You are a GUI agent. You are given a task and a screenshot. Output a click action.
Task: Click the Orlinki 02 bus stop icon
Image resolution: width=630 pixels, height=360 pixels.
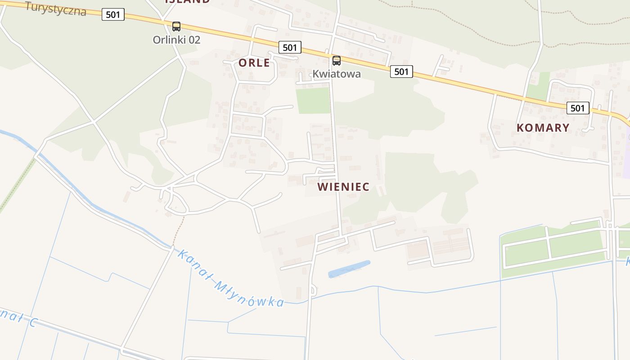176,27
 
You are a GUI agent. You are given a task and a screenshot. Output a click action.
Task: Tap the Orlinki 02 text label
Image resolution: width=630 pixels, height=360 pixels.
176,40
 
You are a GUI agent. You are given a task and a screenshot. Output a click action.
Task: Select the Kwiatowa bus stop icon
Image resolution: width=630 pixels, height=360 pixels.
337,61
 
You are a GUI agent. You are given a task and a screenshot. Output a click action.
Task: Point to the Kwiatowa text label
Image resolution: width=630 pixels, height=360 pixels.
337,74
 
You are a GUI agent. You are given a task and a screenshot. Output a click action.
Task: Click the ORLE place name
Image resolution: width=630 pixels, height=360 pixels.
254,63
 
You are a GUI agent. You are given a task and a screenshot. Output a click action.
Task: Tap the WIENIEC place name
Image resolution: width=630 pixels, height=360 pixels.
343,187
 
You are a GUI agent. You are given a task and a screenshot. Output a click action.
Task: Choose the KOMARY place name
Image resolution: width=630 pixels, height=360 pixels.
543,128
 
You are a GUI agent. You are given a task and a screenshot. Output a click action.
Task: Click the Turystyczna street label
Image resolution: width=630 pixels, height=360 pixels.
55,8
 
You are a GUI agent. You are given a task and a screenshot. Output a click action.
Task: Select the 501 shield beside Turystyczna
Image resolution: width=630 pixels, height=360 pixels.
113,14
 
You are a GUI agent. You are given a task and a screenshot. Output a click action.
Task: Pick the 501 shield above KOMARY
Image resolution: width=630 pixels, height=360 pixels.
577,108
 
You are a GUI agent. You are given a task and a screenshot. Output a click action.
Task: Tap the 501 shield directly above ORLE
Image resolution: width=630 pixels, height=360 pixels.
290,47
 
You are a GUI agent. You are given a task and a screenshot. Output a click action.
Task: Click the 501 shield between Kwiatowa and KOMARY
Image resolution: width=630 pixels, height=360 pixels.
401,71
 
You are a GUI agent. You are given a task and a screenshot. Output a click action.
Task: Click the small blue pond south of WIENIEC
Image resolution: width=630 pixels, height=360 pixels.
349,269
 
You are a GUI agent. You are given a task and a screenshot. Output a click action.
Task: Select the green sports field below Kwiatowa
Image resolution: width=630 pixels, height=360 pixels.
313,100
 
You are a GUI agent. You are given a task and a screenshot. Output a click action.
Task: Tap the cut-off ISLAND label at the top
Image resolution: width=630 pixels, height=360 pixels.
187,2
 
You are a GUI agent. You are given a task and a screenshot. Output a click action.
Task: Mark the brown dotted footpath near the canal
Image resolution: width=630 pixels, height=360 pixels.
178,232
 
